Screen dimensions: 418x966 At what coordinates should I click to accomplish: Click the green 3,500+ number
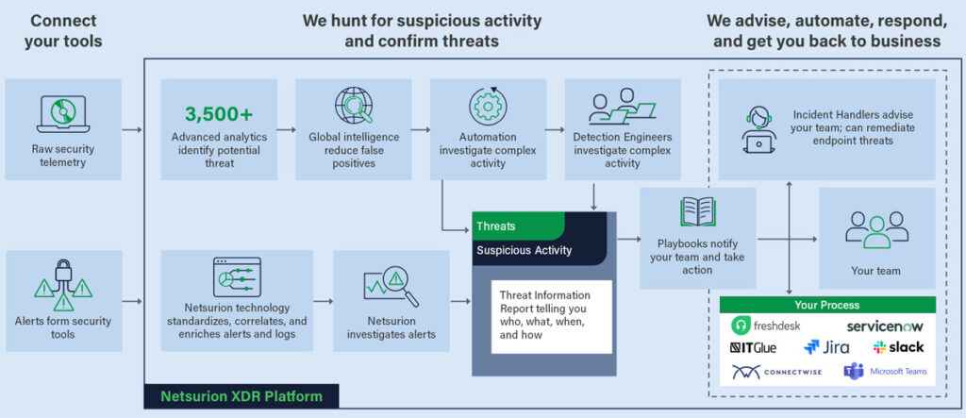tap(219, 114)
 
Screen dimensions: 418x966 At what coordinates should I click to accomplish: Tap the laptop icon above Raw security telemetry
tap(62, 113)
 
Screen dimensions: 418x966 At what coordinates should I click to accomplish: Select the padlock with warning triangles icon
tap(62, 283)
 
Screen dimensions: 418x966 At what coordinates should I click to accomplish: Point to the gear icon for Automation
tap(488, 106)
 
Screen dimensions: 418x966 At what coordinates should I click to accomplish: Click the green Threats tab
tap(517, 226)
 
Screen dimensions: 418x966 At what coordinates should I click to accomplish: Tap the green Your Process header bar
tap(827, 305)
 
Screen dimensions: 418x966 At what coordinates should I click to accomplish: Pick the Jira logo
tap(826, 347)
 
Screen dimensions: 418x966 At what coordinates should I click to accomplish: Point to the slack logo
tap(899, 347)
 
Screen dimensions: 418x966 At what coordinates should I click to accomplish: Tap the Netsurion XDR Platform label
tap(241, 396)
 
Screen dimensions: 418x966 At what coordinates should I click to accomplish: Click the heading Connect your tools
tap(63, 30)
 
